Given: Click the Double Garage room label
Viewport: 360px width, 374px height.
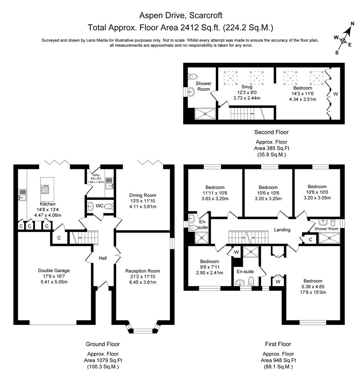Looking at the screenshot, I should [x=51, y=270].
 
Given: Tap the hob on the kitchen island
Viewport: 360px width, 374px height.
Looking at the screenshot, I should [x=45, y=189].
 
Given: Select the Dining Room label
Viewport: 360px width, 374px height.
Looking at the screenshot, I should [x=142, y=195].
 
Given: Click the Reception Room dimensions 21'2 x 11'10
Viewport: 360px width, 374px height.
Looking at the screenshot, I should [x=142, y=276].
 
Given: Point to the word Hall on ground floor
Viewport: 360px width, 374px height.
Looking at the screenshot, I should [x=103, y=258].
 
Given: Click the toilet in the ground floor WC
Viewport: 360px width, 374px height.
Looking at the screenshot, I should [x=109, y=206].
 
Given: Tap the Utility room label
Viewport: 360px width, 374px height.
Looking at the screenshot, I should [x=96, y=175].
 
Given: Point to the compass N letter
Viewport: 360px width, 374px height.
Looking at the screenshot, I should [x=352, y=24].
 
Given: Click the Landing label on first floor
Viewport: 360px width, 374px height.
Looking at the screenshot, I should [x=282, y=230].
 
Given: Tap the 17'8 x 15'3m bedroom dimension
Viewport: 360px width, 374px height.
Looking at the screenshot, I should [x=313, y=292].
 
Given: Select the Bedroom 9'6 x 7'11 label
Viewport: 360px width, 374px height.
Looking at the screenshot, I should [x=209, y=261].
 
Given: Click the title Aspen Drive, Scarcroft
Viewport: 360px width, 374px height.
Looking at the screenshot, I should [x=181, y=15].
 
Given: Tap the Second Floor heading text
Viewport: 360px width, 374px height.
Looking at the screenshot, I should [x=271, y=132].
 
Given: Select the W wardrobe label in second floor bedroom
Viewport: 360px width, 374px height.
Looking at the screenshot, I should [x=335, y=94].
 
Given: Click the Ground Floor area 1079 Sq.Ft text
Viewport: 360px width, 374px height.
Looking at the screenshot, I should [x=103, y=360].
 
